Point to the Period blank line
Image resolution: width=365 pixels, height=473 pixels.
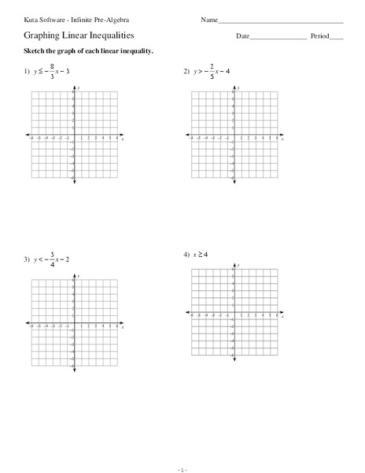[337, 38]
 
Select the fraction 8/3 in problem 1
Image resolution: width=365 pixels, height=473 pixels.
[52, 72]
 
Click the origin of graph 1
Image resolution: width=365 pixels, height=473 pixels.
[74, 136]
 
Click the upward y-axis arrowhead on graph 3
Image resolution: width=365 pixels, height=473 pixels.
[74, 274]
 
